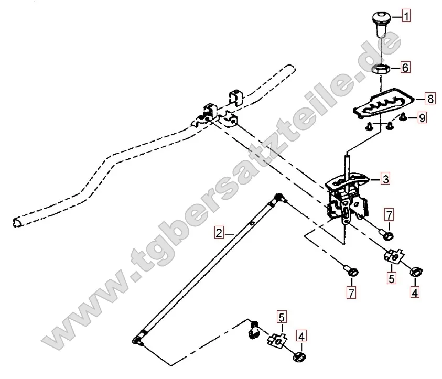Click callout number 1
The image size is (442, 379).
click(406, 16)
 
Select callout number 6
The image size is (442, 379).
click(405, 67)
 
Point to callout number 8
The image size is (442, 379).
click(430, 99)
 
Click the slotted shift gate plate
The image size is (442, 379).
click(384, 103)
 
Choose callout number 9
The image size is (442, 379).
click(422, 117)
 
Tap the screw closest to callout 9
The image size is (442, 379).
click(403, 116)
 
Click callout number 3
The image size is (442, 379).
click(385, 179)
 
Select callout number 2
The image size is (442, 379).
click(219, 233)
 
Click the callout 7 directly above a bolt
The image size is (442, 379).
click(389, 215)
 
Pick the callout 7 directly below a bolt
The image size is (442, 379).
click(351, 293)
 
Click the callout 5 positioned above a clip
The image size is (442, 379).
click(282, 317)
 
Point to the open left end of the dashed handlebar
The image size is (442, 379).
click(17, 223)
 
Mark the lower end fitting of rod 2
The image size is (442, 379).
click(138, 340)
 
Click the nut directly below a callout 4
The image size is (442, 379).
click(299, 357)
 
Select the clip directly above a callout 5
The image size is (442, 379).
click(394, 256)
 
